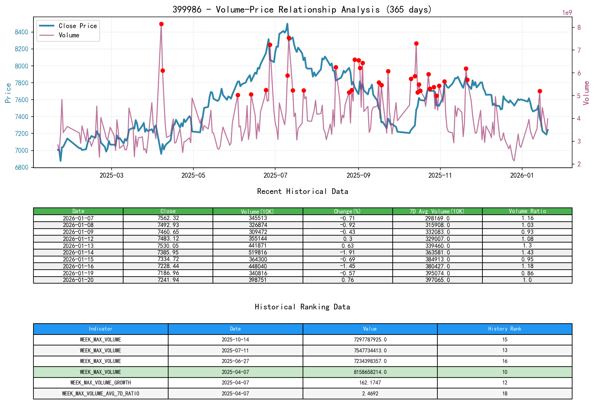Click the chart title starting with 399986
(x=302, y=9)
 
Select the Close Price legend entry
(x=77, y=26)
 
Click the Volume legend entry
(x=69, y=35)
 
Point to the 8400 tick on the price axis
(x=22, y=32)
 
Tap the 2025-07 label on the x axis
(x=275, y=175)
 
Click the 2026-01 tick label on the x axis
(x=522, y=175)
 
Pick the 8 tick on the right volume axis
(x=579, y=27)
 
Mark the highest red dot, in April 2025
(x=161, y=24)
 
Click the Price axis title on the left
(x=8, y=93)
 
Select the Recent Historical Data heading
(x=302, y=191)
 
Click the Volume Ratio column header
(x=527, y=211)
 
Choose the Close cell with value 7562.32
(x=168, y=218)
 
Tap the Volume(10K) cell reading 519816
(x=258, y=252)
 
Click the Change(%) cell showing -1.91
(x=348, y=252)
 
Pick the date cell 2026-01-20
(x=78, y=280)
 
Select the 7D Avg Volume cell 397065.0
(x=437, y=280)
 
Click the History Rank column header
(x=505, y=329)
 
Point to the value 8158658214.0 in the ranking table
(x=370, y=372)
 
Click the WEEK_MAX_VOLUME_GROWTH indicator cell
(x=101, y=383)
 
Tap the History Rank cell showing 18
(x=505, y=393)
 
